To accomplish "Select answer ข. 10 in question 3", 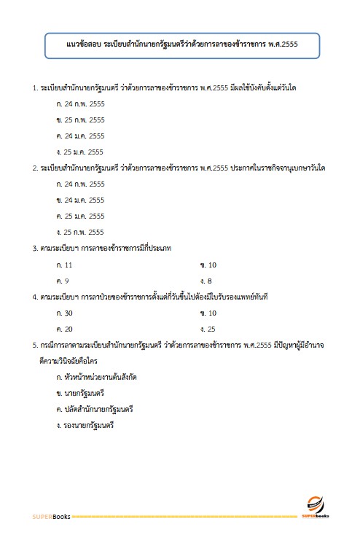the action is click(208, 265).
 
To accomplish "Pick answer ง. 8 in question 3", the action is click(206, 281).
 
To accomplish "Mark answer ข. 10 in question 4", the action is click(208, 313).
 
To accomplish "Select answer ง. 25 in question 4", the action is click(208, 329).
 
